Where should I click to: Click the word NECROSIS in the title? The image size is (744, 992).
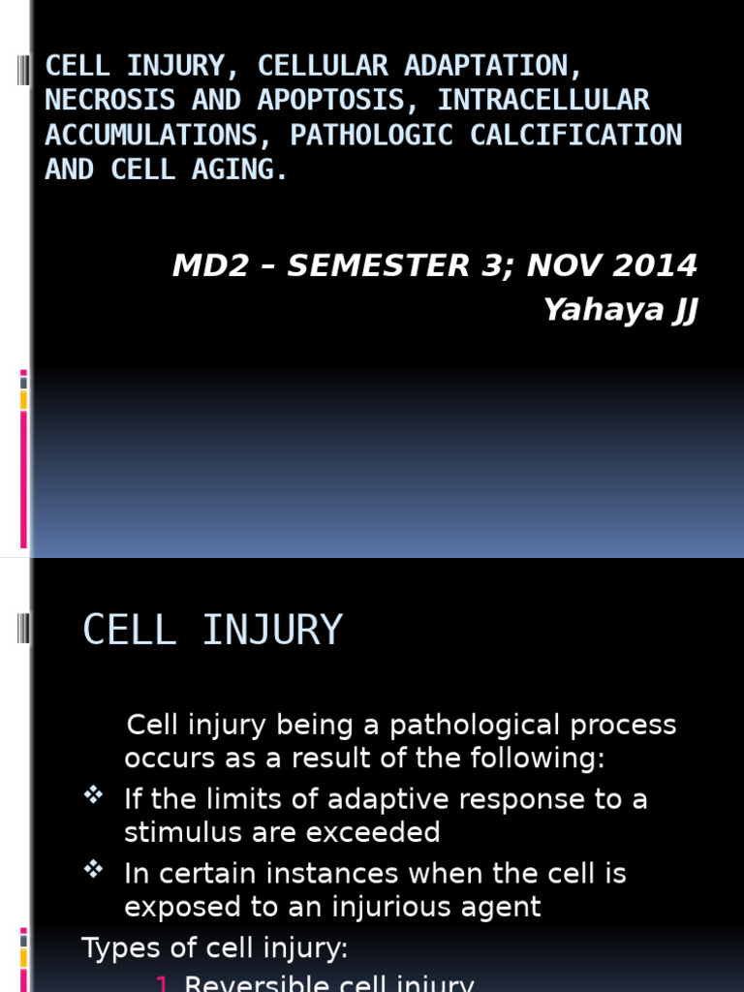109,101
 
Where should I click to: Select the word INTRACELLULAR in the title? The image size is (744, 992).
543,101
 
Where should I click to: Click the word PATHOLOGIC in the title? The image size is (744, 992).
372,136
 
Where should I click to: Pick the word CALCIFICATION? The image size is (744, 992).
576,136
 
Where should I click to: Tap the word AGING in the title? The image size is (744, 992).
240,170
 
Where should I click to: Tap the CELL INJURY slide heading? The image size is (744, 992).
212,630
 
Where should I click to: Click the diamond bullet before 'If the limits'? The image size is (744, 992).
93,795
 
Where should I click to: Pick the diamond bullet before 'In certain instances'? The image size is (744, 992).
93,870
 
